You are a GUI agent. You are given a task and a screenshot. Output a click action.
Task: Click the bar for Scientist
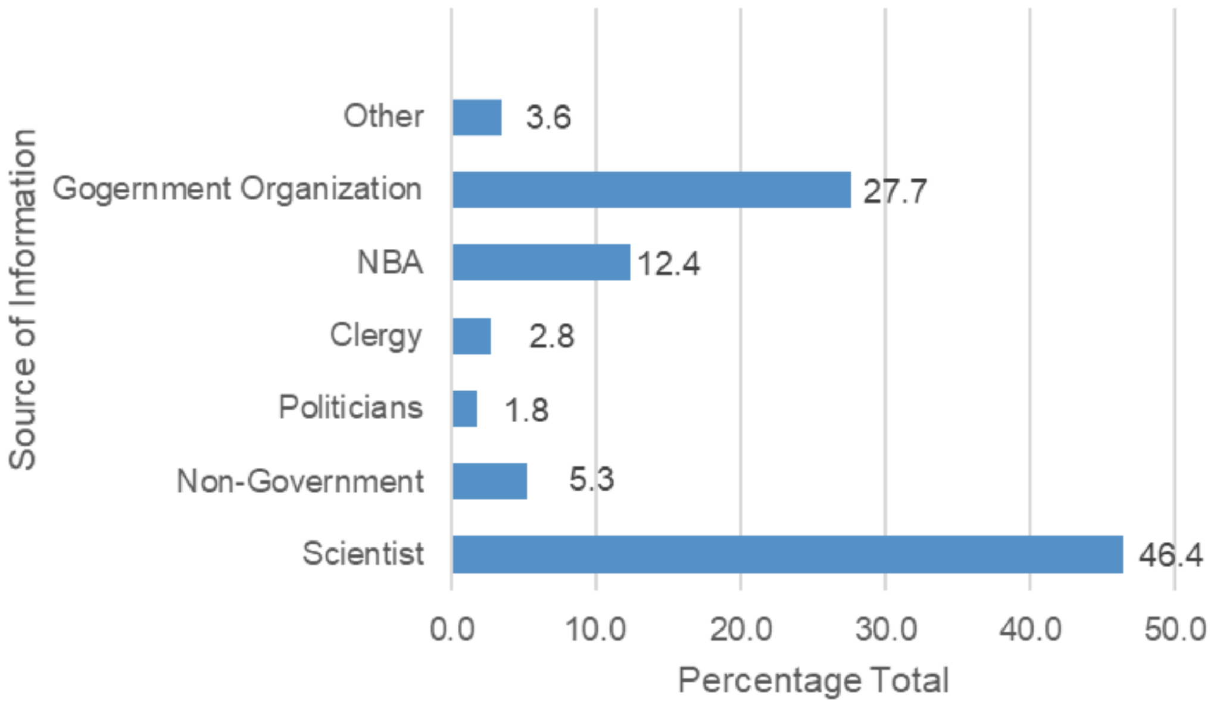[x=787, y=554]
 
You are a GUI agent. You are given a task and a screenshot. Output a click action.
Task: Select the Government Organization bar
[x=651, y=190]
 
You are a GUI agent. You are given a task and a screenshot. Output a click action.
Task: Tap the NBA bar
[x=541, y=262]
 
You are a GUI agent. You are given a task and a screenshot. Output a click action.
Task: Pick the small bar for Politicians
[x=464, y=409]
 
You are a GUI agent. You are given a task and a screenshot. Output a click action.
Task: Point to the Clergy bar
[x=472, y=336]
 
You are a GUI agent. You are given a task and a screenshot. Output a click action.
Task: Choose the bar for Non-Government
[x=489, y=481]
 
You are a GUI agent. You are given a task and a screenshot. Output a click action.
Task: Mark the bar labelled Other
[x=477, y=117]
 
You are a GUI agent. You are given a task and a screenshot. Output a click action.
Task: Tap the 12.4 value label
[x=669, y=264]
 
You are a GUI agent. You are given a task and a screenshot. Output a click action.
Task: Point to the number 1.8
[x=526, y=410]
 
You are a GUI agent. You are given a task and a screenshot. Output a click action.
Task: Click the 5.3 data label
[x=591, y=480]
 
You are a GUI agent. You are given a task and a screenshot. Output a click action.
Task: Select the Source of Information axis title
[x=24, y=300]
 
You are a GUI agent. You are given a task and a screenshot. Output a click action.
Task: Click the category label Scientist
[x=363, y=554]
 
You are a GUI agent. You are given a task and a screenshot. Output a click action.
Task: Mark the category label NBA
[x=390, y=263]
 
